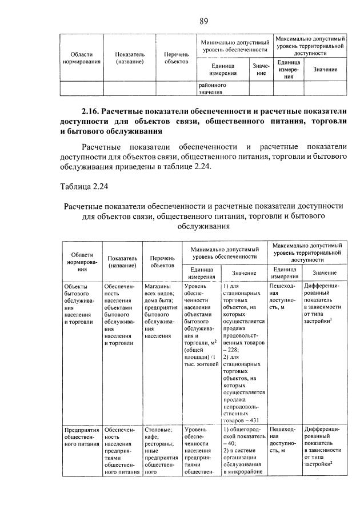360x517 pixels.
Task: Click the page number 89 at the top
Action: click(x=203, y=22)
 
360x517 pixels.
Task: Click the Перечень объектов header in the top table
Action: click(x=172, y=58)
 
